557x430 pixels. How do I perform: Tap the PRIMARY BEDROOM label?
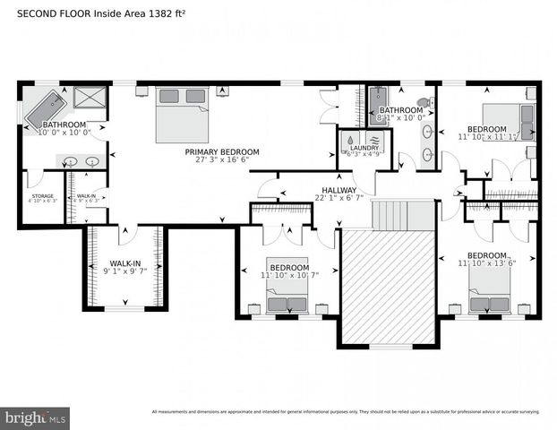(x=222, y=152)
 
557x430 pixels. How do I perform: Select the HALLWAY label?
(x=339, y=190)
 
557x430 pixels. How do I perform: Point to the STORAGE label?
(x=41, y=195)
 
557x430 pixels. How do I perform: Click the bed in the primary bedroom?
(x=183, y=115)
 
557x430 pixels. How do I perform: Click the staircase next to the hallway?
(x=389, y=215)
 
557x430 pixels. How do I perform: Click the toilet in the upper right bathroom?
(x=424, y=104)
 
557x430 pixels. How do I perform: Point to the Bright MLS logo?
(x=36, y=417)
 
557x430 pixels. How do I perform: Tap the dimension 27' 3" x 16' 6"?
(x=222, y=162)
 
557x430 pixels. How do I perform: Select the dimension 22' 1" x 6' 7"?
(x=339, y=200)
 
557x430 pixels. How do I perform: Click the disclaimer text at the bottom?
(x=345, y=412)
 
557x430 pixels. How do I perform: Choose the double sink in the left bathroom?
(x=80, y=162)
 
